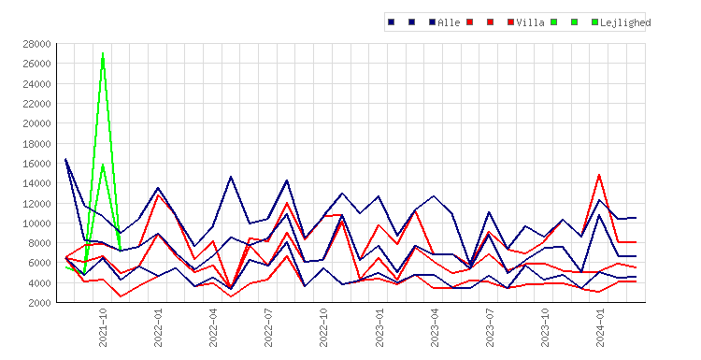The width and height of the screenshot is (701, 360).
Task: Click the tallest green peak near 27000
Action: [x=103, y=53]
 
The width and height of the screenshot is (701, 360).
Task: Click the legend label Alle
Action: [x=449, y=22]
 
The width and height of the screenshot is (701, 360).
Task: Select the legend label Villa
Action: [x=530, y=22]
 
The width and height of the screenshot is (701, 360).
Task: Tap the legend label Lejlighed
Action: [x=625, y=22]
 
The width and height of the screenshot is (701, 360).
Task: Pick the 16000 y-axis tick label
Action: [x=36, y=164]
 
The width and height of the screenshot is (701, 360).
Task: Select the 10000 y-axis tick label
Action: [x=36, y=223]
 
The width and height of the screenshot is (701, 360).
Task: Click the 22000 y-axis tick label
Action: [x=36, y=104]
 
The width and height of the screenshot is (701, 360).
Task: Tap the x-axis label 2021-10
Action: [x=103, y=327]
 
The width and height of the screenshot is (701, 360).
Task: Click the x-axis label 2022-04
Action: [x=213, y=327]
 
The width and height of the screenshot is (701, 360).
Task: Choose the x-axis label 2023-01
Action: [x=379, y=327]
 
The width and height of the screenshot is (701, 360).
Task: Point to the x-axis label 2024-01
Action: [x=600, y=327]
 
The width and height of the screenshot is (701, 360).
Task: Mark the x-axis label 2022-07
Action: [x=268, y=327]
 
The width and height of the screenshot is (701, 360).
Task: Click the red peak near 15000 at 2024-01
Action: [x=599, y=175]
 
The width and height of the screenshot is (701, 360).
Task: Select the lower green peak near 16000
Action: [x=103, y=165]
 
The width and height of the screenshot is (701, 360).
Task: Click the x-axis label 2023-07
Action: [x=490, y=327]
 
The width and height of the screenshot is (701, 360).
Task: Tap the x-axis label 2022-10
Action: [x=323, y=327]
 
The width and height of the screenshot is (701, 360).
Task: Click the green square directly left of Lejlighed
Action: [x=594, y=22]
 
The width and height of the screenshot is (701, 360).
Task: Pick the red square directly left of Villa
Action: [x=510, y=22]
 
